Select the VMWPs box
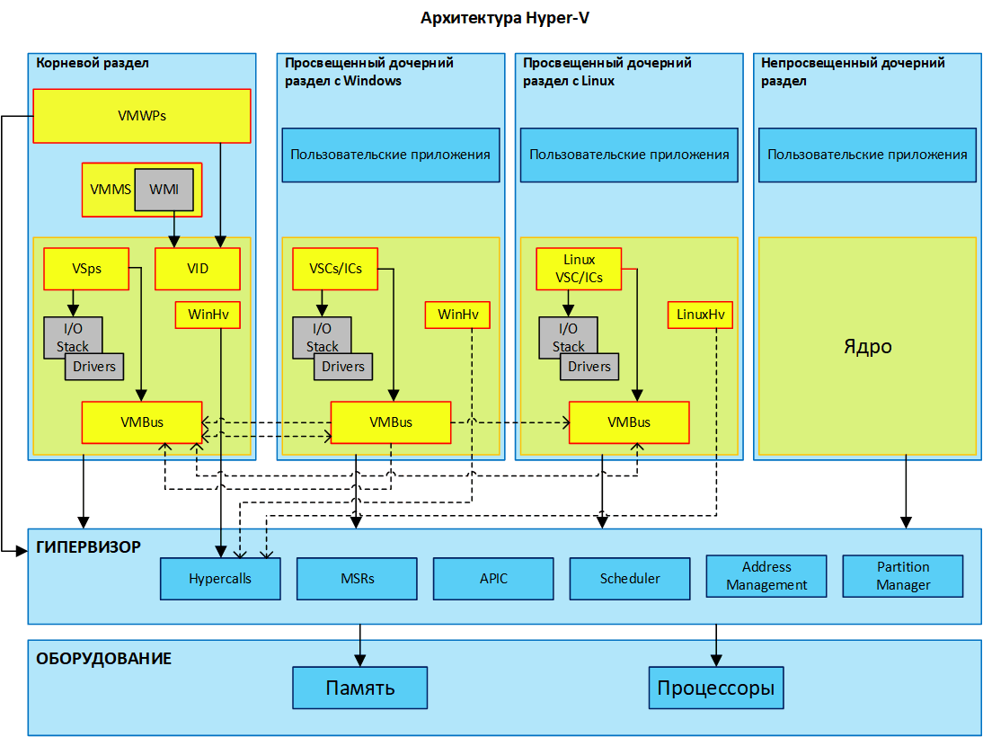pyautogui.click(x=141, y=116)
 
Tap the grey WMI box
pyautogui.click(x=164, y=190)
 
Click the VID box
pyautogui.click(x=198, y=269)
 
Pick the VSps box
pyautogui.click(x=86, y=268)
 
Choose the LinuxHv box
pyautogui.click(x=700, y=315)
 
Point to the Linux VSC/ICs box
pyautogui.click(x=579, y=269)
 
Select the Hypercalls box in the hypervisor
pyautogui.click(x=220, y=579)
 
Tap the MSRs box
pyautogui.click(x=357, y=579)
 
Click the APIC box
pyautogui.click(x=493, y=579)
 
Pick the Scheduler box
pyautogui.click(x=630, y=579)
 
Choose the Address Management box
pyautogui.click(x=766, y=576)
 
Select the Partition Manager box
pyautogui.click(x=903, y=576)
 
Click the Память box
pyautogui.click(x=359, y=688)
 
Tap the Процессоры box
pyautogui.click(x=716, y=688)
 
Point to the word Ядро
pyautogui.click(x=867, y=346)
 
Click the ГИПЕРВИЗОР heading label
pyautogui.click(x=88, y=546)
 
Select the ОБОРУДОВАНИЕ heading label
pyautogui.click(x=103, y=659)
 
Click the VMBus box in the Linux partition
pyautogui.click(x=629, y=422)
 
